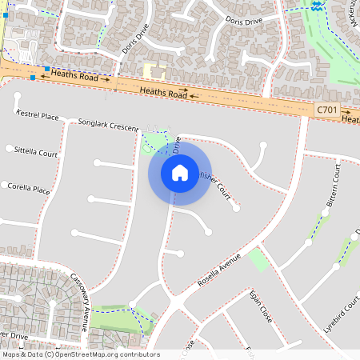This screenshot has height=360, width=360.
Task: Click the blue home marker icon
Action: point(179,172)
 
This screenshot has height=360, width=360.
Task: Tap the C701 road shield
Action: point(326,109)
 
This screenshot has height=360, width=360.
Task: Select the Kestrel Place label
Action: point(38,116)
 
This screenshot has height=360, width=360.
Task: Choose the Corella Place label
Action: point(29,189)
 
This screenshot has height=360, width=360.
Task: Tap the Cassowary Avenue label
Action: point(79,302)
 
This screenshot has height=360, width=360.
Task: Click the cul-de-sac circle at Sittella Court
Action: point(9,149)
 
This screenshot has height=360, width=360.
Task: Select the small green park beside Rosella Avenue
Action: point(258,259)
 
